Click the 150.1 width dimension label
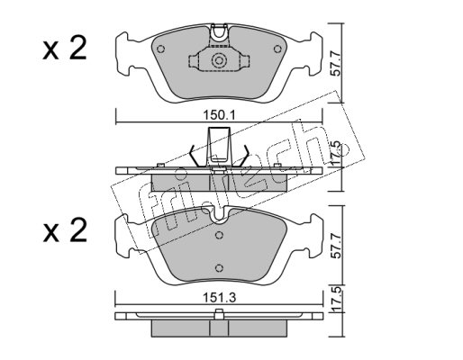[220, 115]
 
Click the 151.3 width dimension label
[220, 298]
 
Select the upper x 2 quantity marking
[65, 48]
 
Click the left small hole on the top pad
[161, 49]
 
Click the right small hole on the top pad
[277, 49]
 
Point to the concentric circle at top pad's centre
[219, 60]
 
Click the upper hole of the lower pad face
[220, 235]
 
